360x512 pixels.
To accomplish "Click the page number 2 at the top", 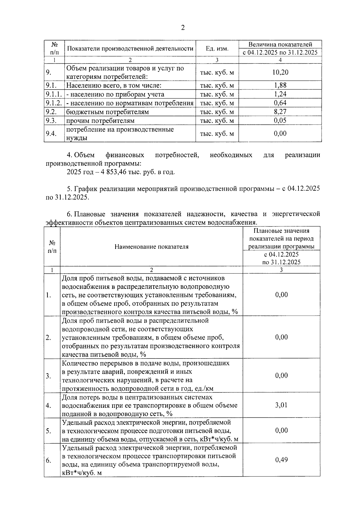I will (x=183, y=28).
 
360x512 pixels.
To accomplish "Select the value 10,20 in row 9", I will (x=280, y=72).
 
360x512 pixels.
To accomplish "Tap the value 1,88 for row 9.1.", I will (x=280, y=85).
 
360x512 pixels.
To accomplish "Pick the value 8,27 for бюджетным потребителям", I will (x=280, y=112).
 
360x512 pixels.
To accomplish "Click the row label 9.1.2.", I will (x=54, y=103).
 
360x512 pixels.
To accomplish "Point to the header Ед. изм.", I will (x=217, y=48).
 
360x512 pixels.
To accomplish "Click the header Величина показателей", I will (x=280, y=44).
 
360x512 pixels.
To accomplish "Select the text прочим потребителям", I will (x=100, y=121).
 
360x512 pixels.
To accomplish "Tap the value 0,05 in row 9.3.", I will (x=280, y=121).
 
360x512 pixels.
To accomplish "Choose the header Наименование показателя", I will (x=151, y=247).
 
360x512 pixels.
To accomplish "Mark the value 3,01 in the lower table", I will (x=281, y=405).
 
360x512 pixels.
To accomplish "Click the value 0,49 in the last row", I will (x=281, y=460).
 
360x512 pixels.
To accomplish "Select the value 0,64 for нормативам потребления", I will (x=280, y=103).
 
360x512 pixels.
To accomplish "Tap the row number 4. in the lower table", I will (x=48, y=406).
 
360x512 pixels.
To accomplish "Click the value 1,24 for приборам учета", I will (x=280, y=94).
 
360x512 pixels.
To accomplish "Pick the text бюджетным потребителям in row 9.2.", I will (x=107, y=112).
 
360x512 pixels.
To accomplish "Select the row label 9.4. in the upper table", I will (x=51, y=134).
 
